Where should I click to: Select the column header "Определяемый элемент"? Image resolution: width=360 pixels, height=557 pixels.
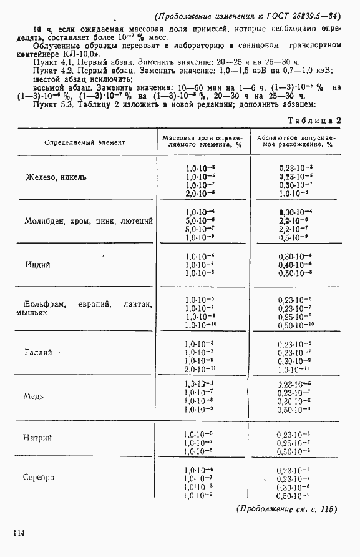[84, 142]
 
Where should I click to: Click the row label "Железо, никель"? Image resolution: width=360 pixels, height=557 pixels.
[56, 177]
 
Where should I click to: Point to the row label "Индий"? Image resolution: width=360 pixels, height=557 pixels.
[37, 264]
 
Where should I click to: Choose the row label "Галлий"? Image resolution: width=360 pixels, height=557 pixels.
[38, 353]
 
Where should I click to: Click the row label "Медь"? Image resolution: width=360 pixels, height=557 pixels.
[33, 396]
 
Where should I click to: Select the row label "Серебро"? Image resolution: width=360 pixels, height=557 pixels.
[39, 478]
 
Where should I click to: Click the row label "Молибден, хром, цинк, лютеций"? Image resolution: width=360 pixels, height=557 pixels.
[89, 221]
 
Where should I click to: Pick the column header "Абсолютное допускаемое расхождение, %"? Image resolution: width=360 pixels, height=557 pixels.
[296, 142]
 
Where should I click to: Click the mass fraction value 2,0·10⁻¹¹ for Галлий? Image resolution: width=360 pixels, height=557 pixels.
[199, 370]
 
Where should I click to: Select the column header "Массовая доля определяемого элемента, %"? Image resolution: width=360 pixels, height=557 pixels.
[201, 142]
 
